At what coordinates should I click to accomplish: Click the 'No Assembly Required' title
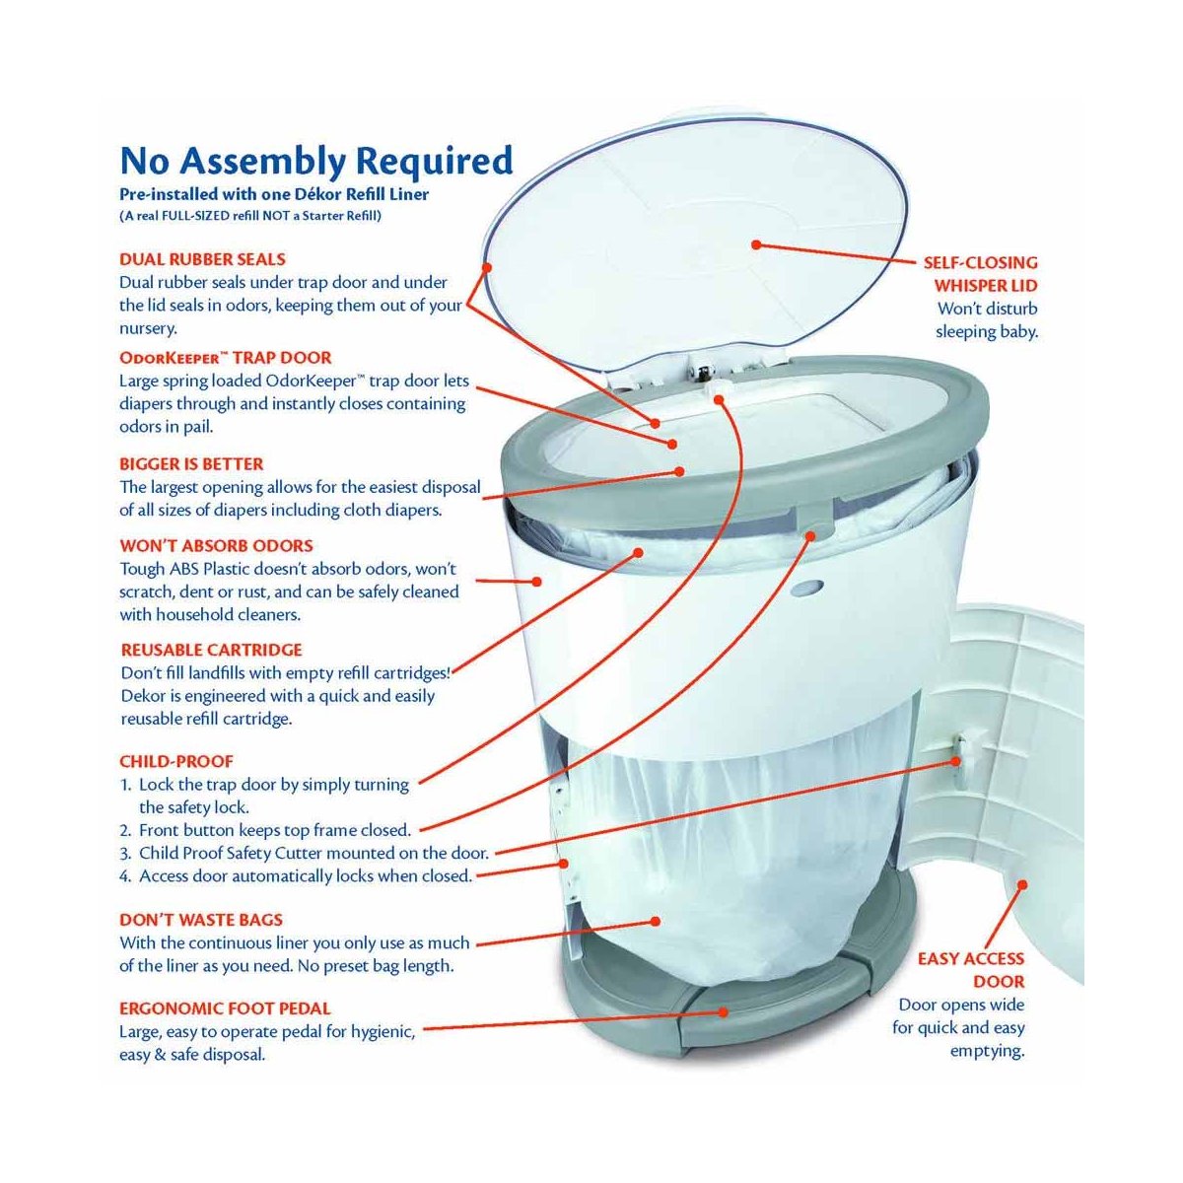tap(315, 160)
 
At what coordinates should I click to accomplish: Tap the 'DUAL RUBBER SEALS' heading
tap(202, 259)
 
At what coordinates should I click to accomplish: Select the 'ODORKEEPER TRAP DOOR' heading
tap(225, 357)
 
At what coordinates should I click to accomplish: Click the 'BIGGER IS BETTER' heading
tap(191, 463)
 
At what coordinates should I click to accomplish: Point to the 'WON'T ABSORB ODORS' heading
tap(216, 545)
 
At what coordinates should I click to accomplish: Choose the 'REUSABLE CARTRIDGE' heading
tap(211, 650)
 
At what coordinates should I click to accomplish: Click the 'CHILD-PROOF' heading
tap(175, 761)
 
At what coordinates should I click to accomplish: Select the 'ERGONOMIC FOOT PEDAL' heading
tap(225, 1009)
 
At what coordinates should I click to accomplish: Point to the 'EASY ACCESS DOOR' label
tap(970, 970)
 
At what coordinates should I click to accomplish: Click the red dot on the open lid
tap(755, 244)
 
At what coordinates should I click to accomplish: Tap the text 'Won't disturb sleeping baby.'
tap(986, 320)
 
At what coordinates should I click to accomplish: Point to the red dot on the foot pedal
tap(724, 1011)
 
